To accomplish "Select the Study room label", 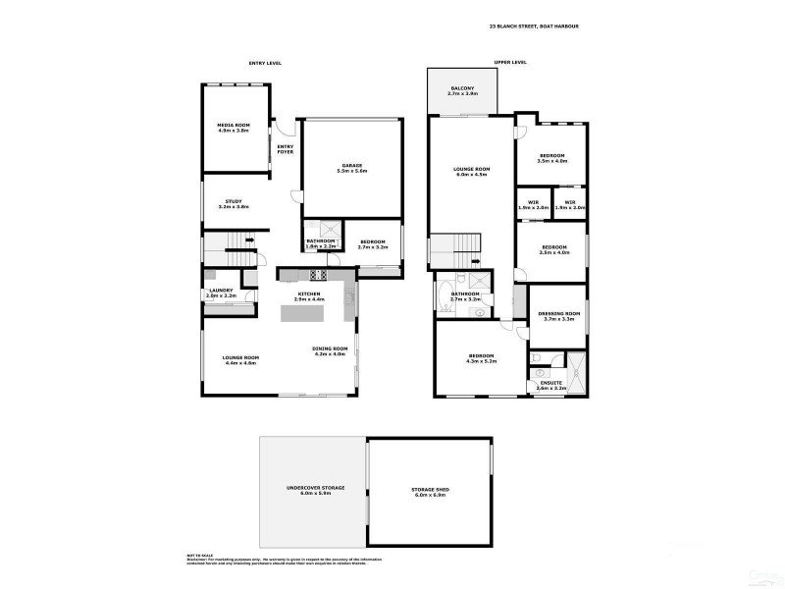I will pos(234,205).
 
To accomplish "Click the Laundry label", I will pos(220,292).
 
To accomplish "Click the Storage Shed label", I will pos(428,492).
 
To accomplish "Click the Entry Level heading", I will pos(265,62).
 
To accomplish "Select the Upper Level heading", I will pos(510,62).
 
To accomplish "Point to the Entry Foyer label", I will pos(286,149).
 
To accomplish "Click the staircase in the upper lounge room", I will pos(456,247).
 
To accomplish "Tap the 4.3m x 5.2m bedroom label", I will pos(480,358).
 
